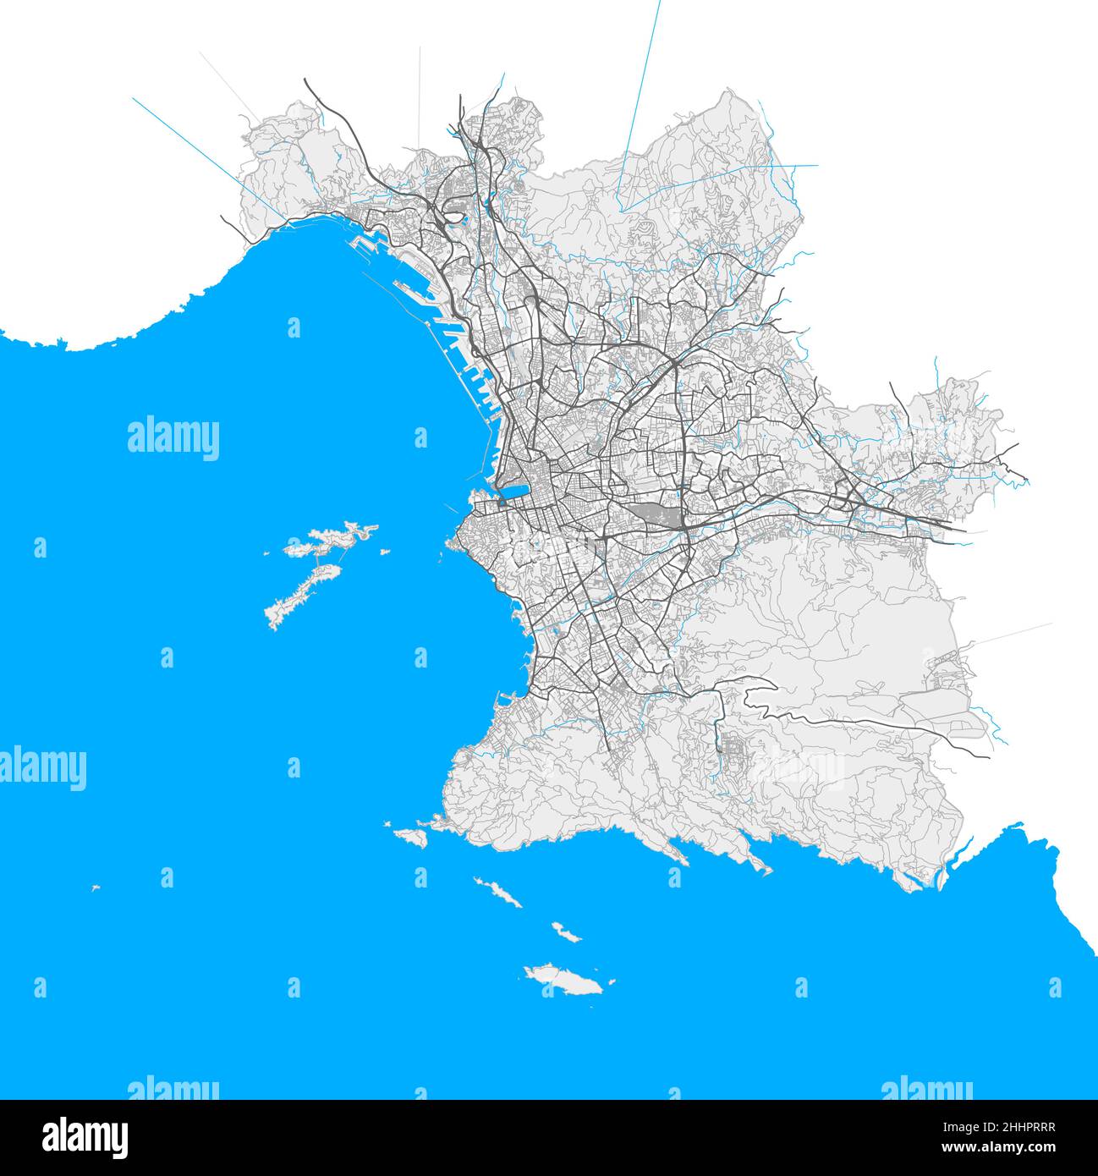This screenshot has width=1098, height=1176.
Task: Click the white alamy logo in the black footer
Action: pyautogui.click(x=85, y=1136)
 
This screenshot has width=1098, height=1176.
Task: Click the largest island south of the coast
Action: pyautogui.click(x=561, y=980)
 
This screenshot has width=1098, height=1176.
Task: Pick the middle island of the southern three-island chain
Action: pyautogui.click(x=566, y=932)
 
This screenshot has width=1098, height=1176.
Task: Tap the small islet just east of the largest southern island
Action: pyautogui.click(x=611, y=983)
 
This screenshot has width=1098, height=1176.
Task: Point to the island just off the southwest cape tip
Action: pyautogui.click(x=412, y=836)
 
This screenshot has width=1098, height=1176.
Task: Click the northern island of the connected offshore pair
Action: pyautogui.click(x=330, y=540)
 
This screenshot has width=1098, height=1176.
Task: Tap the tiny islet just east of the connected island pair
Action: pyautogui.click(x=385, y=552)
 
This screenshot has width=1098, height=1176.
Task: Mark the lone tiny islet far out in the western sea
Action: pyautogui.click(x=96, y=887)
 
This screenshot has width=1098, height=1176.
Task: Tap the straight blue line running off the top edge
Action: pyautogui.click(x=640, y=102)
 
